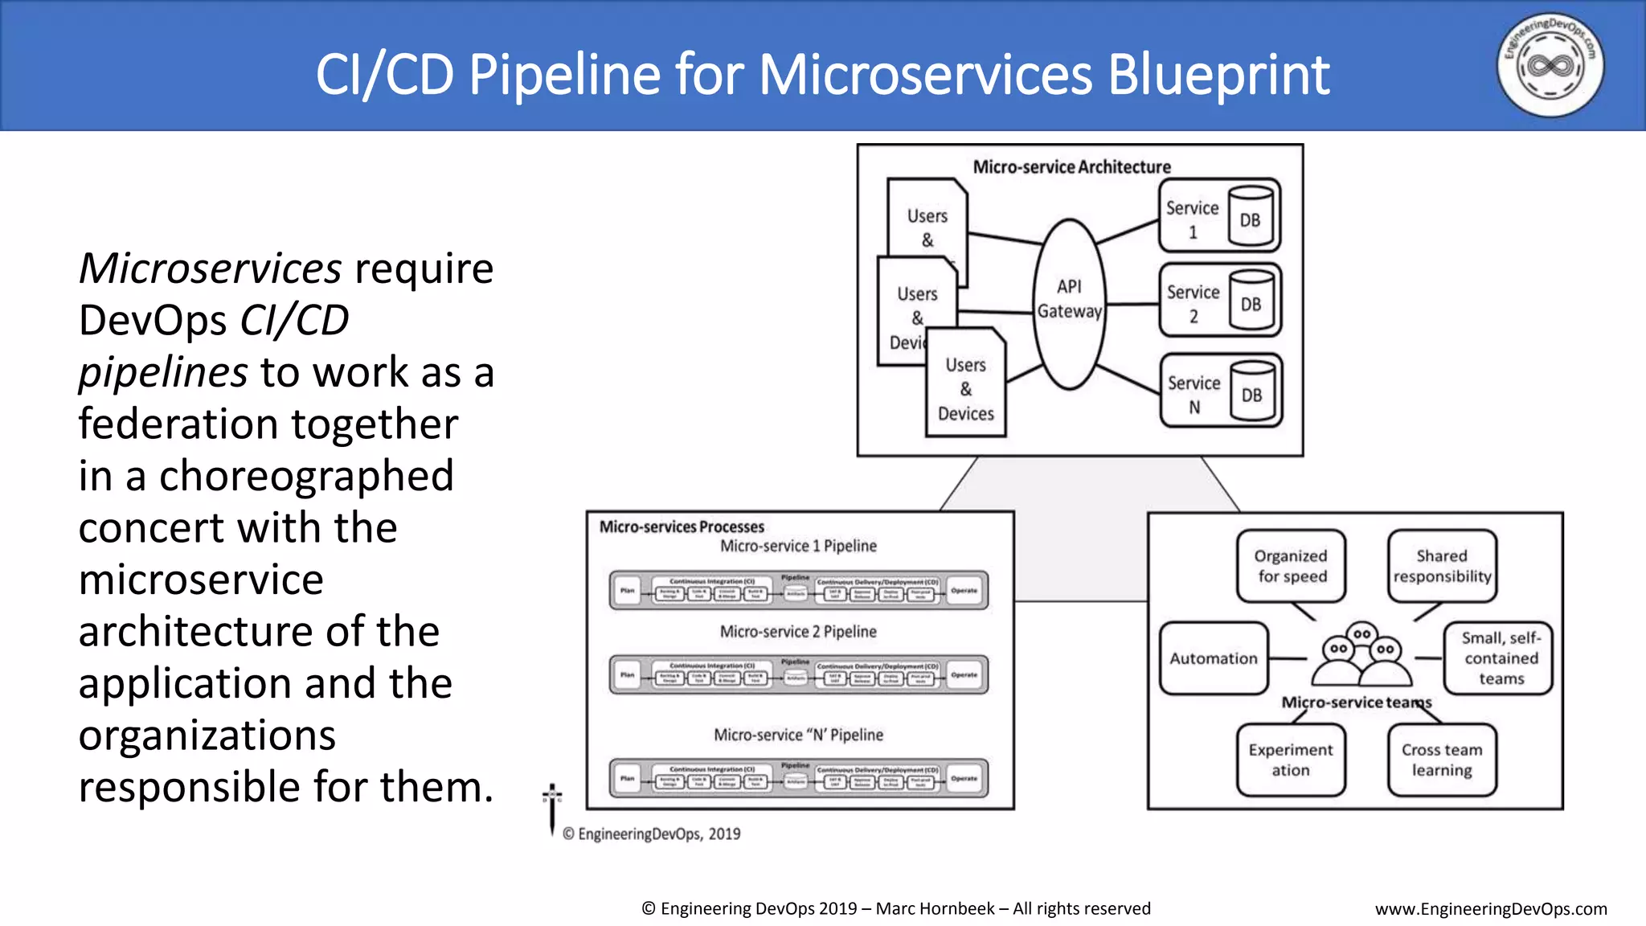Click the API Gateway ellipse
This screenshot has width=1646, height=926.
coord(1069,303)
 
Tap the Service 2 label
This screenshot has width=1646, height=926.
coord(1193,303)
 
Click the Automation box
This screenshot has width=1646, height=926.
coord(1214,658)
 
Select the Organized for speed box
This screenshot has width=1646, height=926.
coord(1291,566)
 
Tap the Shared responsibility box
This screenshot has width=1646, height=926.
coord(1442,566)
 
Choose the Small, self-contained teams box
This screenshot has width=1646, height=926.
coord(1500,658)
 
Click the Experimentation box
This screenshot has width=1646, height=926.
coord(1291,760)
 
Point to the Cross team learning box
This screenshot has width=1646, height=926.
coord(1442,760)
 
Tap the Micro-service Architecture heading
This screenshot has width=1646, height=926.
coord(1071,167)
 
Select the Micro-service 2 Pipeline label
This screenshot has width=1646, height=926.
coord(798,632)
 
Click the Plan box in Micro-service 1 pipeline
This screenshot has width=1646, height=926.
coord(628,591)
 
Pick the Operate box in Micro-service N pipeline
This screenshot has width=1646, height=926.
coord(964,779)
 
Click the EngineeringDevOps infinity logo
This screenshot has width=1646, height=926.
coord(1550,65)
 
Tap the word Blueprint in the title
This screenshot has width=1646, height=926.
coord(1218,75)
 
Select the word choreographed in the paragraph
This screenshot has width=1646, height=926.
coord(306,476)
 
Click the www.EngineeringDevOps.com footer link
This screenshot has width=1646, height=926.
coord(1491,909)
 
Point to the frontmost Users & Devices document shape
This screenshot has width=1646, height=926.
coord(965,389)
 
